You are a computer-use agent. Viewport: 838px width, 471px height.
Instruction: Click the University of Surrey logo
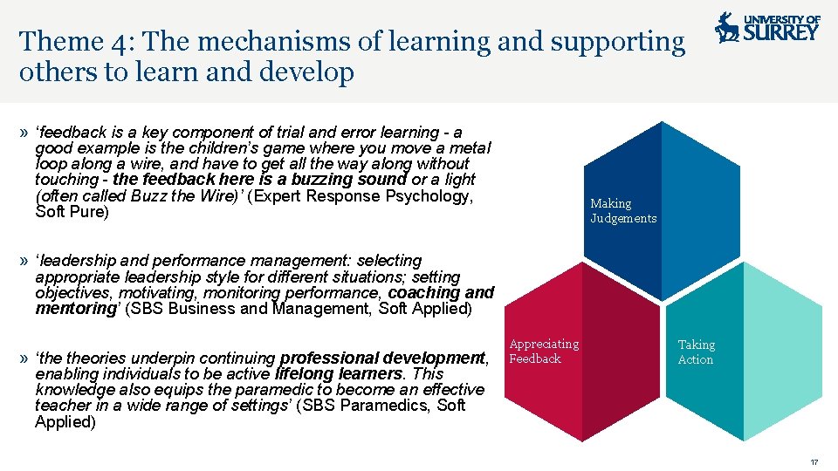coord(767,28)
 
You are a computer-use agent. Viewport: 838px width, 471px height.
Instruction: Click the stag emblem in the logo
coord(726,28)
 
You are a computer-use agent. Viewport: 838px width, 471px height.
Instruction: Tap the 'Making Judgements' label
coord(623,211)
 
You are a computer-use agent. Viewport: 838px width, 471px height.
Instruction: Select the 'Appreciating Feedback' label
coord(544,352)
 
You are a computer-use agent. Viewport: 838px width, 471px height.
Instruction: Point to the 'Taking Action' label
coord(696,352)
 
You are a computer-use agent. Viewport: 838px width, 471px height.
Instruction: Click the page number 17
coord(814,461)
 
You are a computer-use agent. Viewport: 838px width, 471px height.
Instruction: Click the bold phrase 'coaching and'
coord(441,292)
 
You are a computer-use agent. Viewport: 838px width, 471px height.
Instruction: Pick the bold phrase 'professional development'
coord(382,358)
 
